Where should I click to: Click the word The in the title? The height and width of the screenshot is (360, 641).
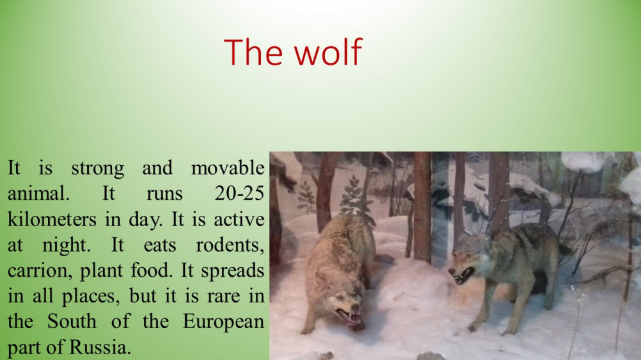(253, 52)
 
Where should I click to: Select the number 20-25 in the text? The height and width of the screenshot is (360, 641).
(240, 193)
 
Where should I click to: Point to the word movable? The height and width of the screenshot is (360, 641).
(228, 168)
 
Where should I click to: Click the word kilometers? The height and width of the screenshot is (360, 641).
(52, 219)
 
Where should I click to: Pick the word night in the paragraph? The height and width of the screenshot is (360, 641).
(66, 245)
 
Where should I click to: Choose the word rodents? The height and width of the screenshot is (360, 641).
(230, 245)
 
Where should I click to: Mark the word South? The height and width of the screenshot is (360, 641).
(72, 321)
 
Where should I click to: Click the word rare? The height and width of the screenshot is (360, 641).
(223, 296)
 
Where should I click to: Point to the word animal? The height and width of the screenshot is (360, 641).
(38, 193)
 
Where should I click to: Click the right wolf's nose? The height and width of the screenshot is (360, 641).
(451, 272)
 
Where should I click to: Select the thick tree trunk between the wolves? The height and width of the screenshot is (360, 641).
(422, 207)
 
